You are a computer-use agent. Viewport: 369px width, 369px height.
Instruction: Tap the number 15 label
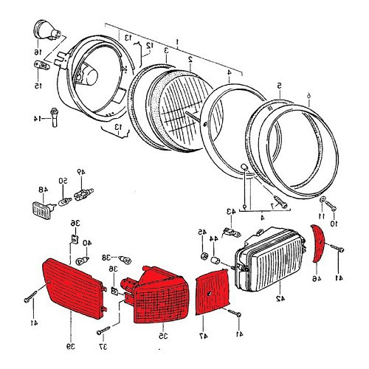(38, 86)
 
